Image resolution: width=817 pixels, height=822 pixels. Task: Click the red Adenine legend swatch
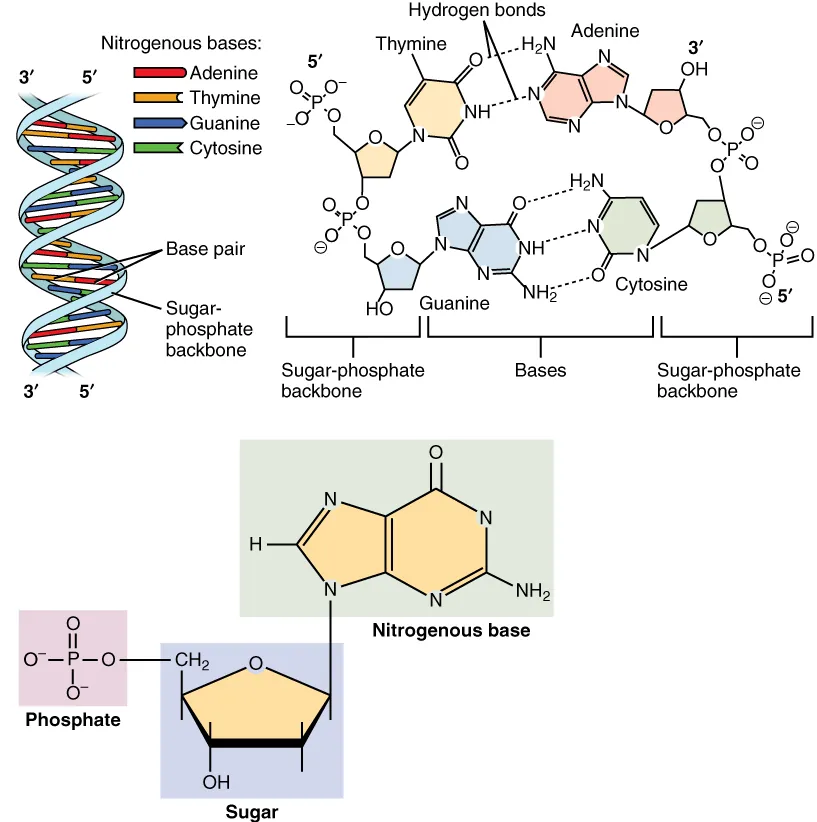[x=159, y=73]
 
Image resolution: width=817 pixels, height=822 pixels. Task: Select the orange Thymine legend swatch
[x=159, y=98]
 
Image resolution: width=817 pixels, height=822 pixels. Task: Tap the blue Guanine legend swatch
[x=159, y=123]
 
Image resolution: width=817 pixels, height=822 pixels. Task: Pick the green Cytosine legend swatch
[x=159, y=148]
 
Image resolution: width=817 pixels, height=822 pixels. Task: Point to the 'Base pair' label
[x=204, y=249]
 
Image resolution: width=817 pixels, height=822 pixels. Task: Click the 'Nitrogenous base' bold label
[x=451, y=631]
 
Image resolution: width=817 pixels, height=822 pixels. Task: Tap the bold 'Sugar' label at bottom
[x=252, y=811]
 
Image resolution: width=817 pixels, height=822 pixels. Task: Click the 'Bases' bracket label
[x=540, y=371]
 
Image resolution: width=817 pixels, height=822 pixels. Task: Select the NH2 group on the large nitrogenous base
[x=533, y=591]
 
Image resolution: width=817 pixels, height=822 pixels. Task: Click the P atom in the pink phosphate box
[x=72, y=660]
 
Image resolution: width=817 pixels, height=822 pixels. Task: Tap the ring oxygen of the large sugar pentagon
[x=256, y=662]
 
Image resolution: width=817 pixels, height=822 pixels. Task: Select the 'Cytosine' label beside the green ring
[x=650, y=285]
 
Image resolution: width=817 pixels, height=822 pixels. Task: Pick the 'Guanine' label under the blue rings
[x=453, y=301]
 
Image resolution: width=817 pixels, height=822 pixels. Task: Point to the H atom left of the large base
[x=256, y=544]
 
